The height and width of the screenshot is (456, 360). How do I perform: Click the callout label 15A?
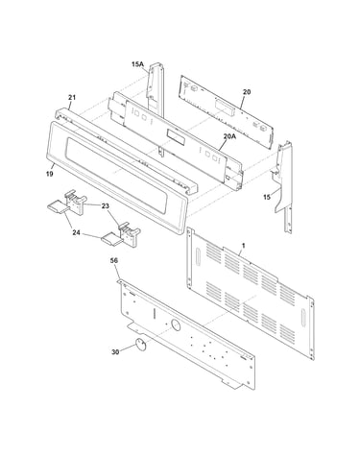point(137,64)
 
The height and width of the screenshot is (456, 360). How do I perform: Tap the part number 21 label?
point(72,97)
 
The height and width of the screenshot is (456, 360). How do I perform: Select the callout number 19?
point(49,174)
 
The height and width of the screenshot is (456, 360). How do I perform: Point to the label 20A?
point(229,136)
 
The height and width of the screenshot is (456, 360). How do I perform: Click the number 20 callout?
point(247,92)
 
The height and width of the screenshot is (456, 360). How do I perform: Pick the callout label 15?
point(267,197)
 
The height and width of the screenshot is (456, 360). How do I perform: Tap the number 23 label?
point(106,206)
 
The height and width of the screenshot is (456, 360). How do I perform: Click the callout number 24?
point(76,233)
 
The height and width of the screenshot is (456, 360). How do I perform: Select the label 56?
point(114,261)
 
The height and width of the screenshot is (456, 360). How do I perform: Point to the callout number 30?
point(115,352)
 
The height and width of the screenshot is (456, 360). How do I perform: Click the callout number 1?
point(243,246)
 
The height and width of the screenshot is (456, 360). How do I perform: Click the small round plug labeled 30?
point(139,344)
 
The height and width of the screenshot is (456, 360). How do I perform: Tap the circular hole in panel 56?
point(176,324)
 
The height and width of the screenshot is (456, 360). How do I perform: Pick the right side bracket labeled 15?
point(283,186)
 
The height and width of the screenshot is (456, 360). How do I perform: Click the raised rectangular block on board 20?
point(225,108)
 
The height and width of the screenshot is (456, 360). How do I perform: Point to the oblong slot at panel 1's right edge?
point(303,318)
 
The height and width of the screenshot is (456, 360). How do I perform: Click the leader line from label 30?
point(128,348)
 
